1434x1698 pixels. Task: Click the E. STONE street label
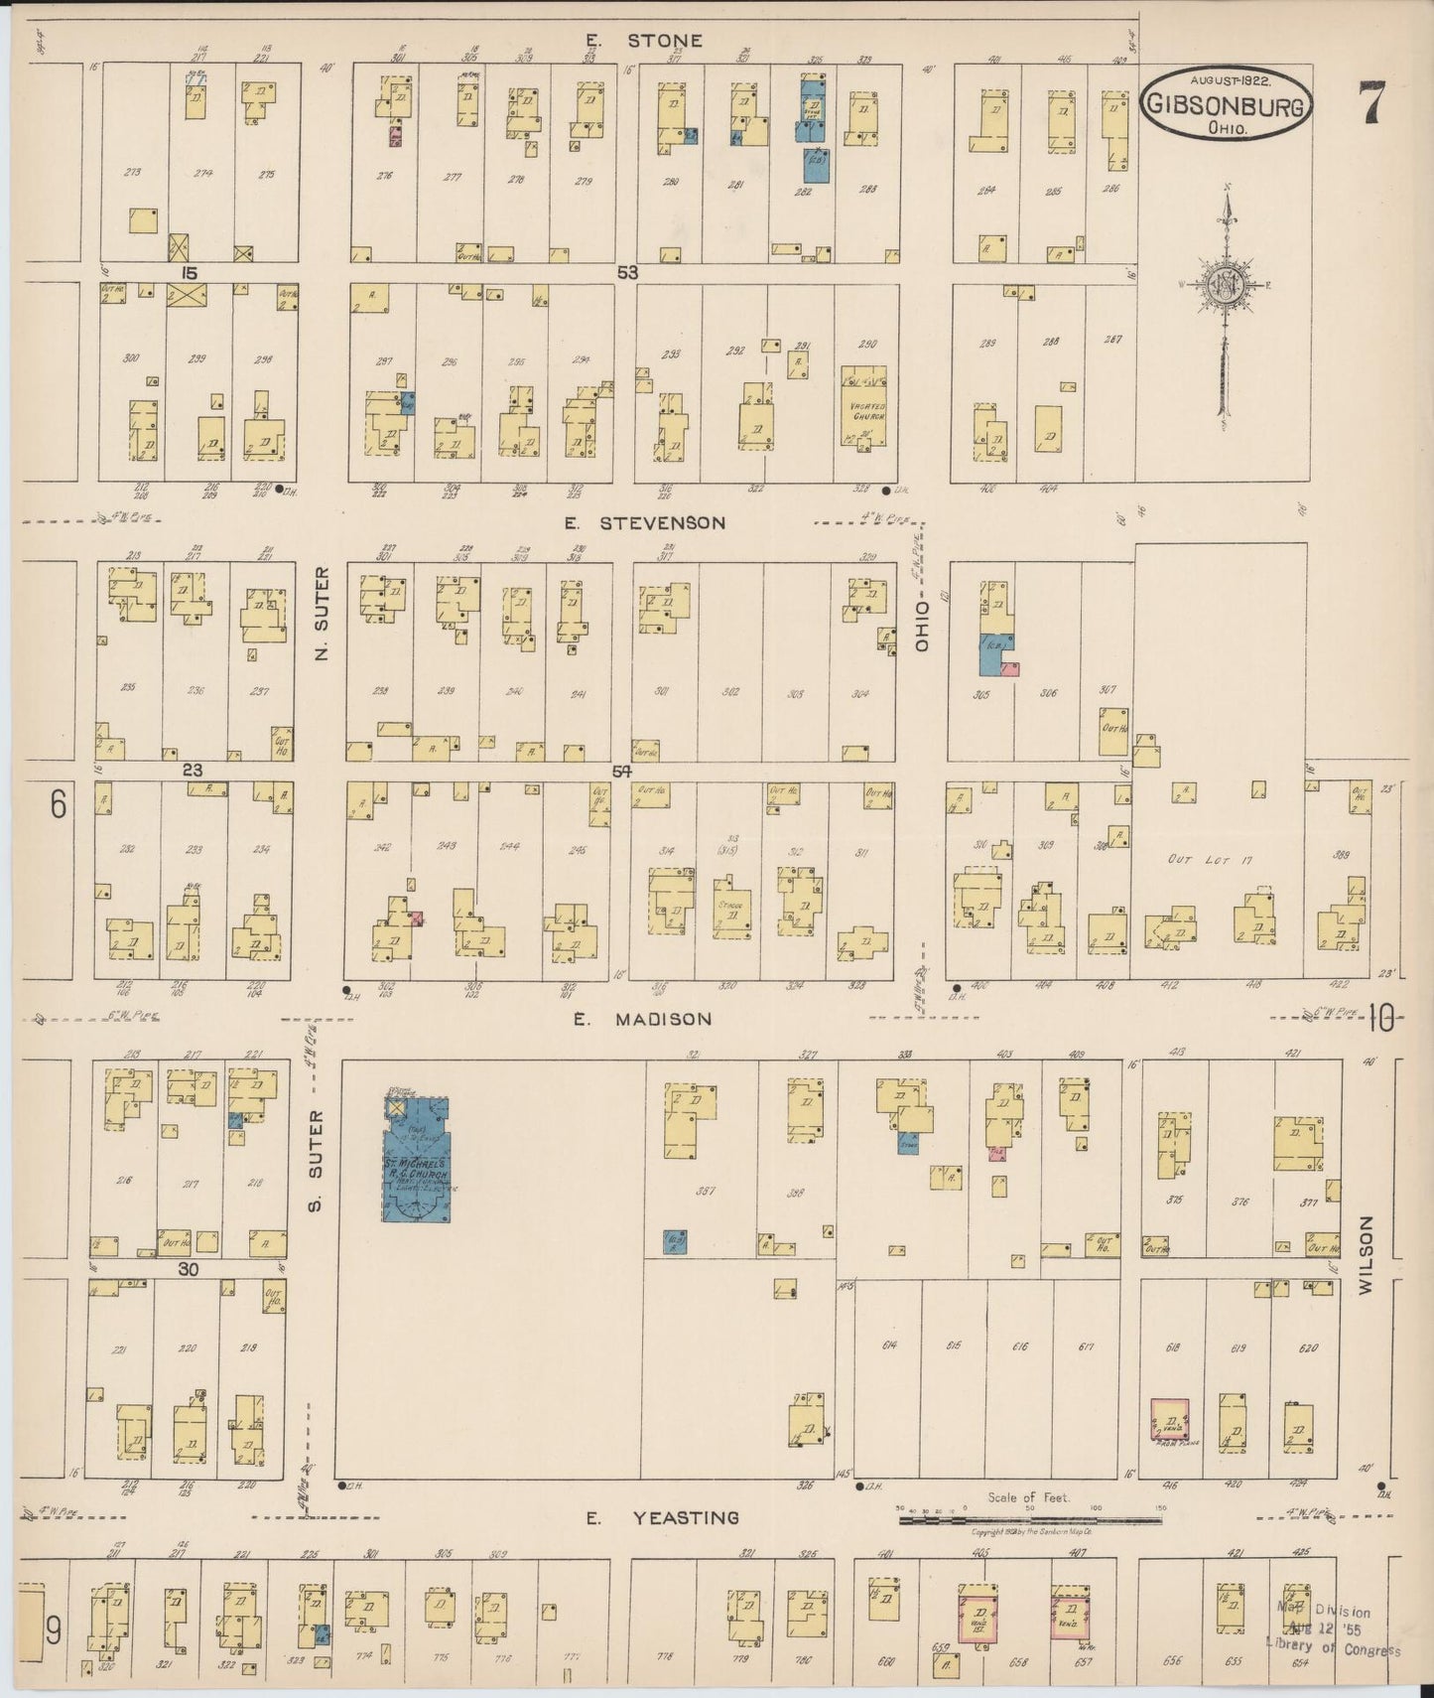pyautogui.click(x=643, y=41)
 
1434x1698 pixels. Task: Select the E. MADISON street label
pyautogui.click(x=643, y=1019)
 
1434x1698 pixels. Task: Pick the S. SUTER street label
pyautogui.click(x=320, y=1163)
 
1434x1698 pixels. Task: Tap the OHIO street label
pyautogui.click(x=922, y=626)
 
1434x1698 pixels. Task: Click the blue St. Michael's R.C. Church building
pyautogui.click(x=417, y=1159)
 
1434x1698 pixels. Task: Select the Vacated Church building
pyautogui.click(x=863, y=407)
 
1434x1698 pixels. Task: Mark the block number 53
pyautogui.click(x=626, y=272)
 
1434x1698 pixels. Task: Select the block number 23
pyautogui.click(x=192, y=770)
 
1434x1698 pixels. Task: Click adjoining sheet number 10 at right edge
pyautogui.click(x=1383, y=1016)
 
